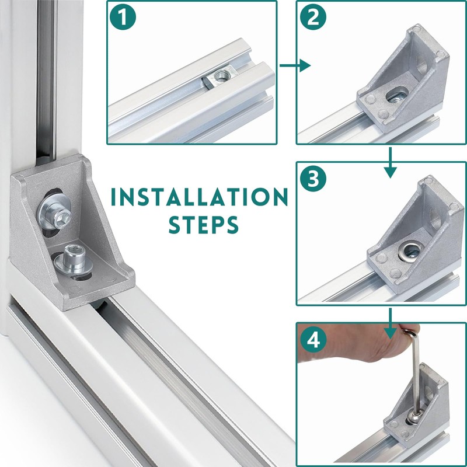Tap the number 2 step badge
[313, 17]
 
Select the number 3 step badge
[313, 179]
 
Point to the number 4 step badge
[313, 340]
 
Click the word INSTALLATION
[199, 197]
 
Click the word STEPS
[204, 224]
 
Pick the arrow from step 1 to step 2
[295, 65]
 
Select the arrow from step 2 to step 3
[390, 163]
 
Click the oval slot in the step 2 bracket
[397, 95]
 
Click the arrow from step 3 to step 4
[390, 324]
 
